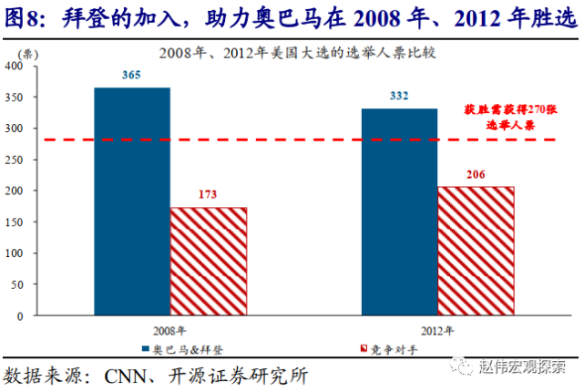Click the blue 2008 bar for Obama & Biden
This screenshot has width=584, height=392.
click(131, 201)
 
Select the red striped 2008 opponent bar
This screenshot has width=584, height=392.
click(208, 261)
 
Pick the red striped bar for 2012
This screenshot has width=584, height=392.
click(476, 251)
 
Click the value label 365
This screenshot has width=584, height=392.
click(130, 76)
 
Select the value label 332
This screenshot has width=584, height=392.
click(399, 97)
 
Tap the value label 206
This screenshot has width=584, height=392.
click(476, 175)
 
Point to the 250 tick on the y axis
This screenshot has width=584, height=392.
click(14, 160)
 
